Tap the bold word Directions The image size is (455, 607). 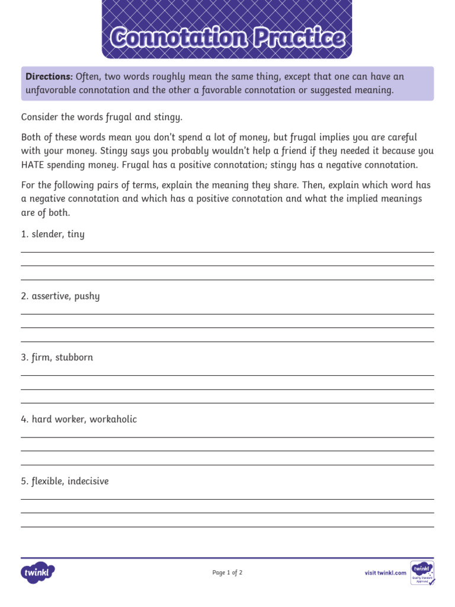pos(49,77)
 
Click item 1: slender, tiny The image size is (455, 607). pos(53,234)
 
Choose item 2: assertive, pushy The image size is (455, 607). pos(60,296)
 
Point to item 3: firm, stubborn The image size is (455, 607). pos(57,357)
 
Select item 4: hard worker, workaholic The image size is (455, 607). pos(79,419)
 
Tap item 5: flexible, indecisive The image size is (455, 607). pos(65,481)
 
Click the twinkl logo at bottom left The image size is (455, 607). pos(38,573)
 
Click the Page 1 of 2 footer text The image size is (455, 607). pos(227,573)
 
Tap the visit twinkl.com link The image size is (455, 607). pos(385,573)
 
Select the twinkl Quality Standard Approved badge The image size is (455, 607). pos(422,573)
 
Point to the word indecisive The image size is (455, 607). pos(88,481)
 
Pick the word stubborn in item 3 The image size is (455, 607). pos(74,357)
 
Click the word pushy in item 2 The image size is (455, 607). pos(87,296)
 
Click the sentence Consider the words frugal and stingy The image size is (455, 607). pos(102,117)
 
